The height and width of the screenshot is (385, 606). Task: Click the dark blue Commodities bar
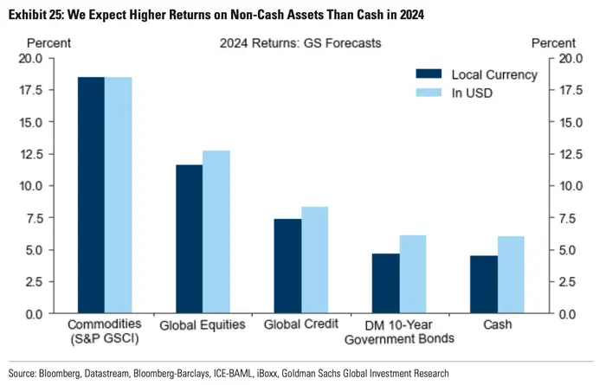(91, 195)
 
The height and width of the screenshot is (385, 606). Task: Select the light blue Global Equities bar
(216, 232)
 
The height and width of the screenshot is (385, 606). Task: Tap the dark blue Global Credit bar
(288, 266)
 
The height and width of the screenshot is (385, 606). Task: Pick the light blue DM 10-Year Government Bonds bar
(414, 274)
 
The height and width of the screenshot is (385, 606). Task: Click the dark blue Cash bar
(485, 284)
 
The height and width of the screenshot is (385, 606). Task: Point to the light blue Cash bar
(511, 274)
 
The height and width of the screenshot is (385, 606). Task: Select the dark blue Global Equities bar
(190, 239)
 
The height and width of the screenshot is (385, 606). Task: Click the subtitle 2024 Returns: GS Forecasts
(301, 42)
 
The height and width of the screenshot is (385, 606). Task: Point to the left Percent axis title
(49, 42)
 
